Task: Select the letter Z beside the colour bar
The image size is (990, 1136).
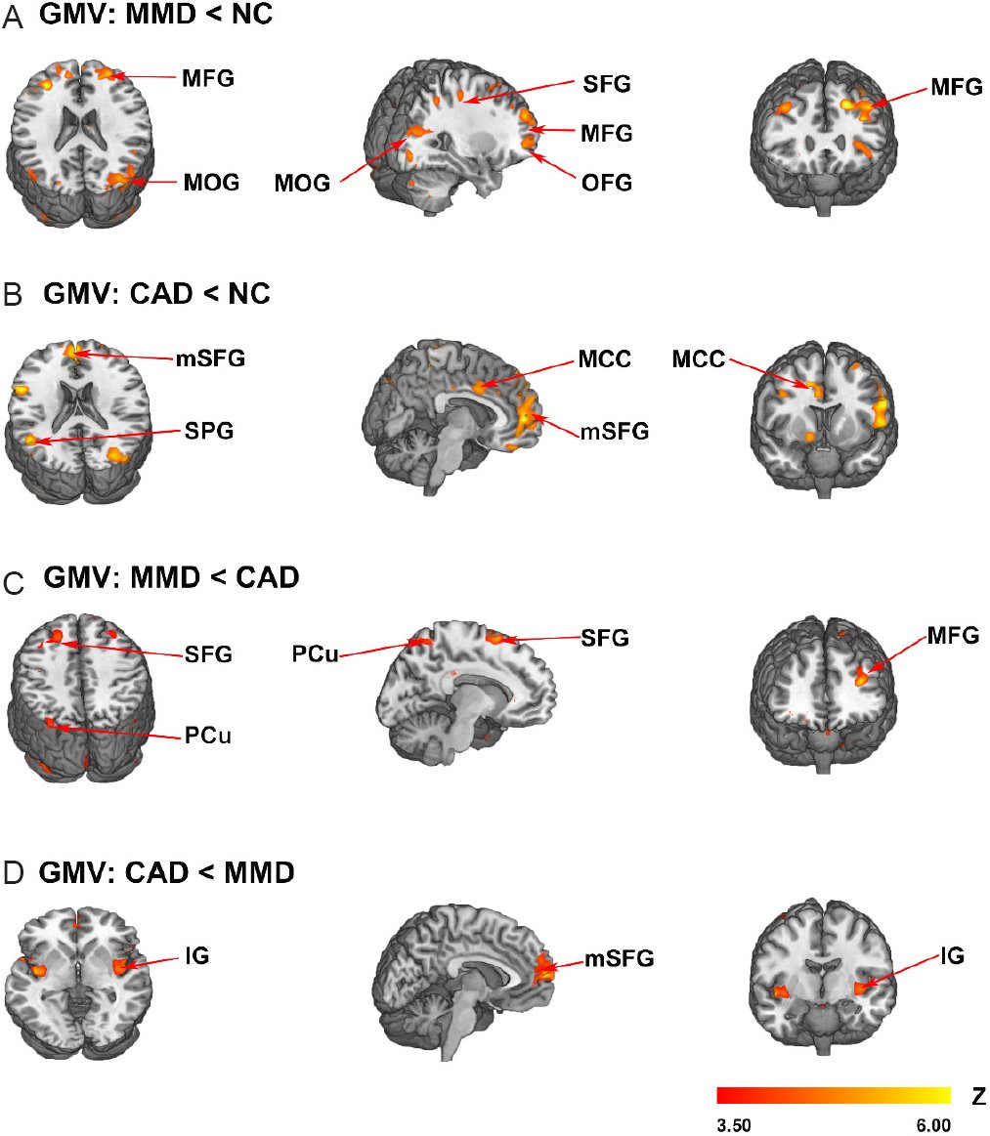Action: (x=978, y=1097)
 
